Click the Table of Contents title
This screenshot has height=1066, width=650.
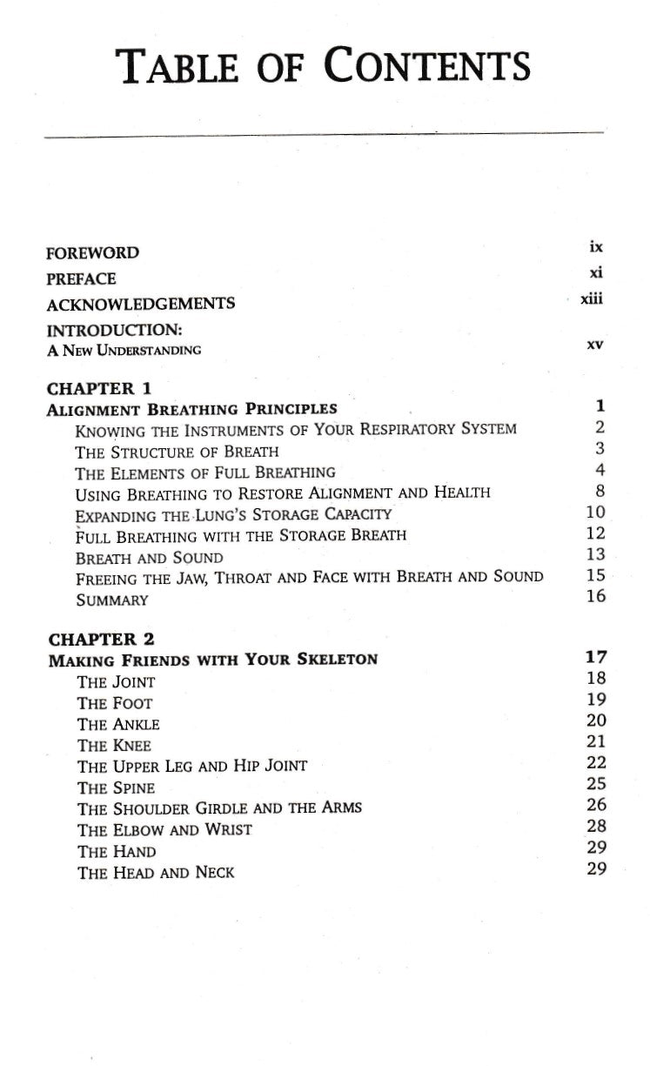(325, 66)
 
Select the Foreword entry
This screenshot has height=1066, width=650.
(92, 253)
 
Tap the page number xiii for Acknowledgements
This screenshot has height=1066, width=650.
(593, 299)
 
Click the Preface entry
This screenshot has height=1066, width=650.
(81, 278)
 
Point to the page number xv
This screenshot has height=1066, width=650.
(595, 345)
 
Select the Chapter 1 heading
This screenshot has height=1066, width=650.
(98, 388)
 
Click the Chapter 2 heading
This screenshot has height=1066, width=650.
(98, 639)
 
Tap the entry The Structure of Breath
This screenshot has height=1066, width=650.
(178, 452)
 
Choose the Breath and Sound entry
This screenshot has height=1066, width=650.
(150, 558)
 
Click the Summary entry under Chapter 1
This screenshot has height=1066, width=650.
(112, 600)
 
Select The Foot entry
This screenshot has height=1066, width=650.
(115, 702)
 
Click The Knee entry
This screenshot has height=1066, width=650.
(115, 745)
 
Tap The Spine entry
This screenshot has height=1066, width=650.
(117, 788)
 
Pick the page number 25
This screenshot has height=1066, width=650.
(596, 784)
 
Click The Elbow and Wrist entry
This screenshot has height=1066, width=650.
(164, 829)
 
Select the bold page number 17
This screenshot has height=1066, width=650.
(596, 657)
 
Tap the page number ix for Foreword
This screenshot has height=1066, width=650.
(596, 247)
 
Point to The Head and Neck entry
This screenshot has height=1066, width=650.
(156, 872)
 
